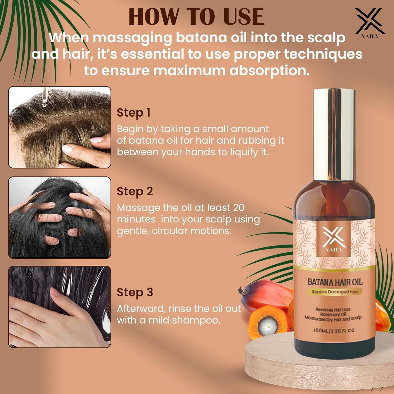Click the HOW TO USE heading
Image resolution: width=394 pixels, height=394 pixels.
click(196, 17)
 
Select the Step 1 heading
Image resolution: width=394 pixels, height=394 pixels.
click(134, 113)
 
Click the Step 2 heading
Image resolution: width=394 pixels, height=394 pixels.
click(135, 191)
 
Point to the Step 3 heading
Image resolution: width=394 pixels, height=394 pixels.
click(135, 292)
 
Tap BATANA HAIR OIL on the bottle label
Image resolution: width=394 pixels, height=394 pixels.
click(335, 282)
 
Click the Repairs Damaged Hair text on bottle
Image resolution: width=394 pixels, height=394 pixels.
click(335, 292)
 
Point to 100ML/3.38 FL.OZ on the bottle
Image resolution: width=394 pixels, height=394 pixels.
click(334, 330)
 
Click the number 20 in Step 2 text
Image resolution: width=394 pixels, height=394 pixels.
click(239, 208)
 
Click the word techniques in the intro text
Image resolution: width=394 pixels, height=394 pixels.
click(323, 54)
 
